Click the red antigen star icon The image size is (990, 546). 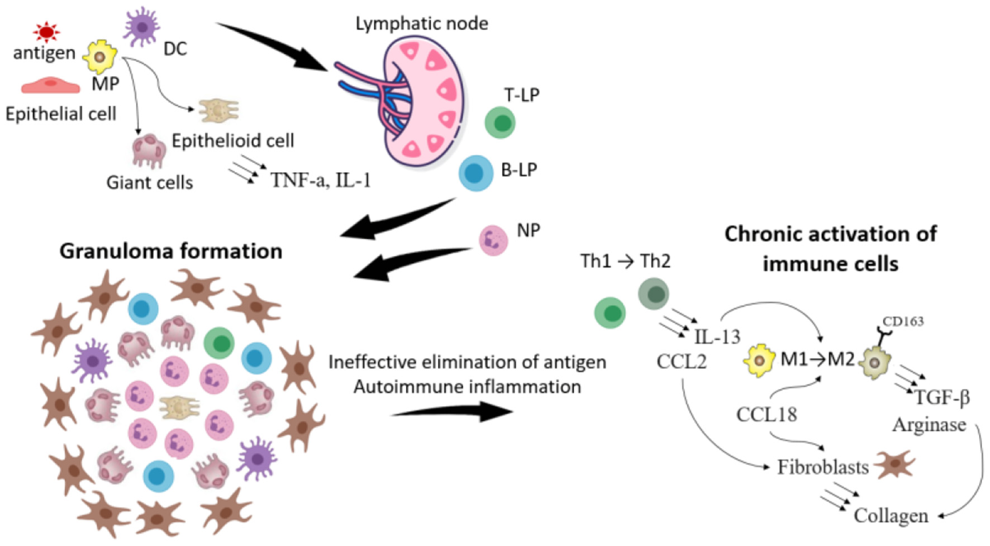click(46, 32)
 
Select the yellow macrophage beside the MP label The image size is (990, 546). click(100, 56)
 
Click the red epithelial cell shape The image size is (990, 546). click(51, 85)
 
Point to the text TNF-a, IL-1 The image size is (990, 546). click(321, 180)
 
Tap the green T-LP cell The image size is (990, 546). click(500, 123)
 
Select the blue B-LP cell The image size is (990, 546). click(475, 173)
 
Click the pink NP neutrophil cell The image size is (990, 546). click(493, 240)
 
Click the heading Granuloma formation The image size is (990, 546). click(170, 251)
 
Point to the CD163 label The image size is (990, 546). click(903, 321)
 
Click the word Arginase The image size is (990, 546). click(929, 425)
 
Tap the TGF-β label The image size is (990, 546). click(941, 397)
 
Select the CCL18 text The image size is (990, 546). click(767, 415)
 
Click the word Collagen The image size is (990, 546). click(891, 515)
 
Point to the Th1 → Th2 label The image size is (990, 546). click(625, 261)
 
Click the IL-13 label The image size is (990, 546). click(717, 336)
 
